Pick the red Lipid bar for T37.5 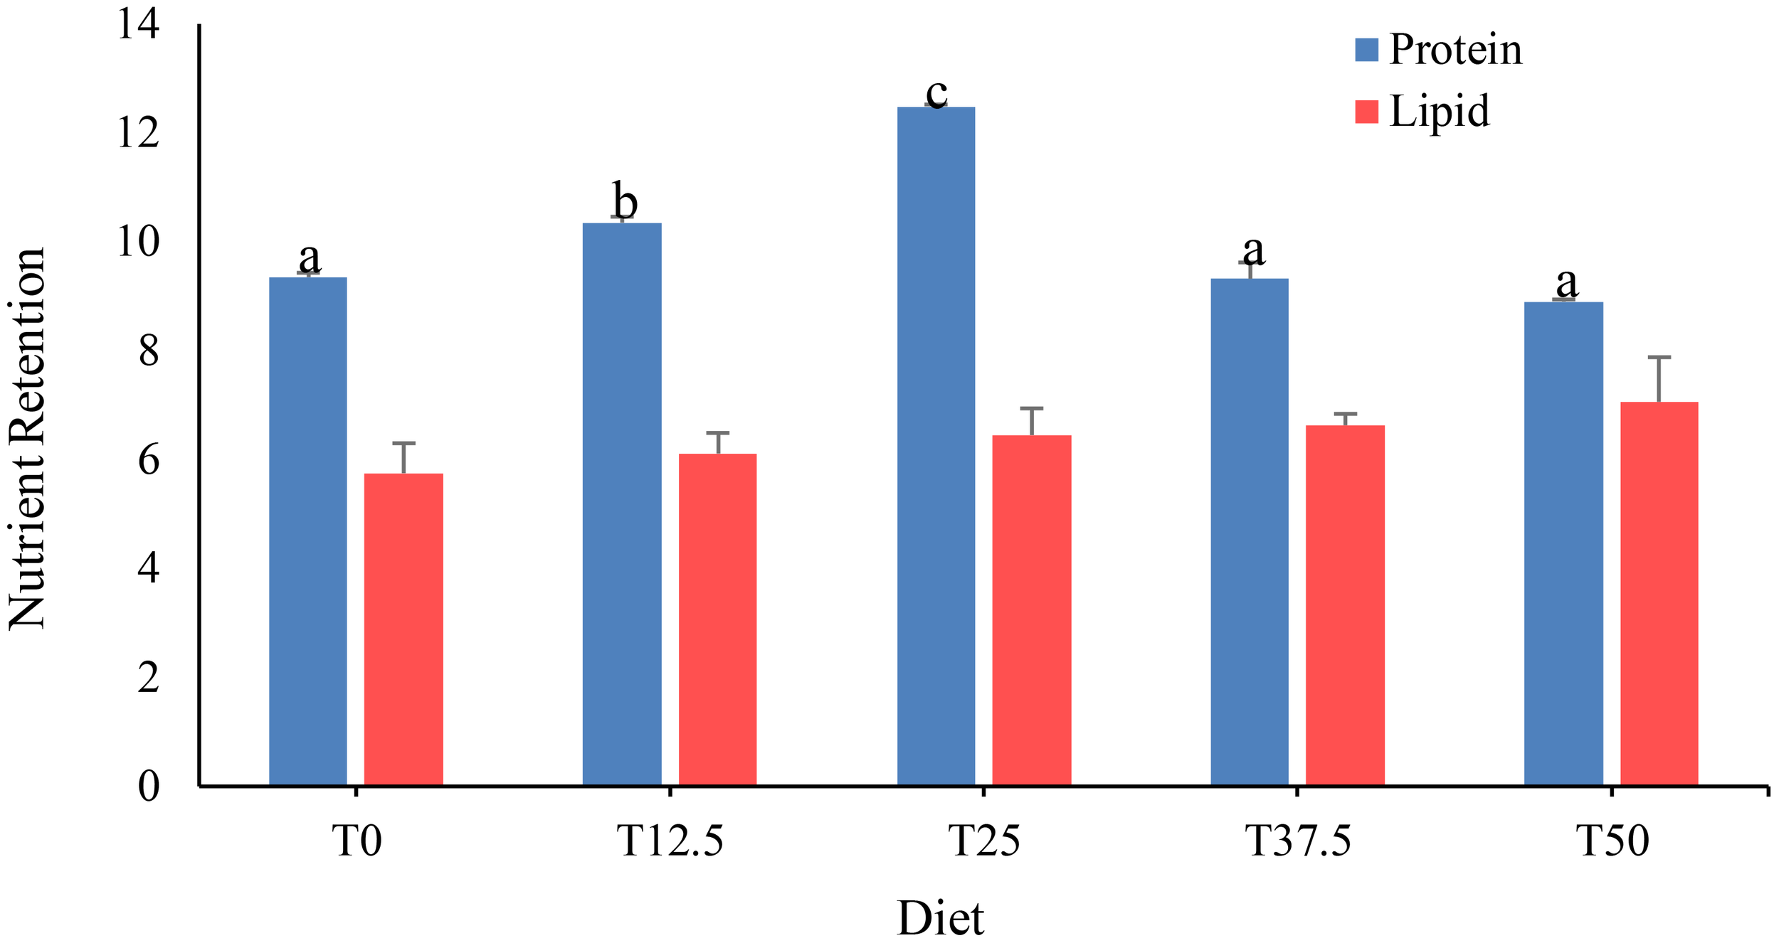pos(1345,605)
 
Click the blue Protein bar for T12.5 pos(622,504)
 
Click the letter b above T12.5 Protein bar pos(625,201)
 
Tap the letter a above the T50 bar pos(1567,282)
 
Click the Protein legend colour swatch pos(1366,50)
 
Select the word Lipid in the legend pos(1439,112)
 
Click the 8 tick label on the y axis pos(149,351)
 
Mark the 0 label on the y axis pos(149,786)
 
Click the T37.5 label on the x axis pos(1298,841)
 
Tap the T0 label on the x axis pos(357,841)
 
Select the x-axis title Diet pos(940,918)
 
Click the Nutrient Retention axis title pos(27,439)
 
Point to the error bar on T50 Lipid pos(1659,379)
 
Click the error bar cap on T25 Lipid pos(1031,408)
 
